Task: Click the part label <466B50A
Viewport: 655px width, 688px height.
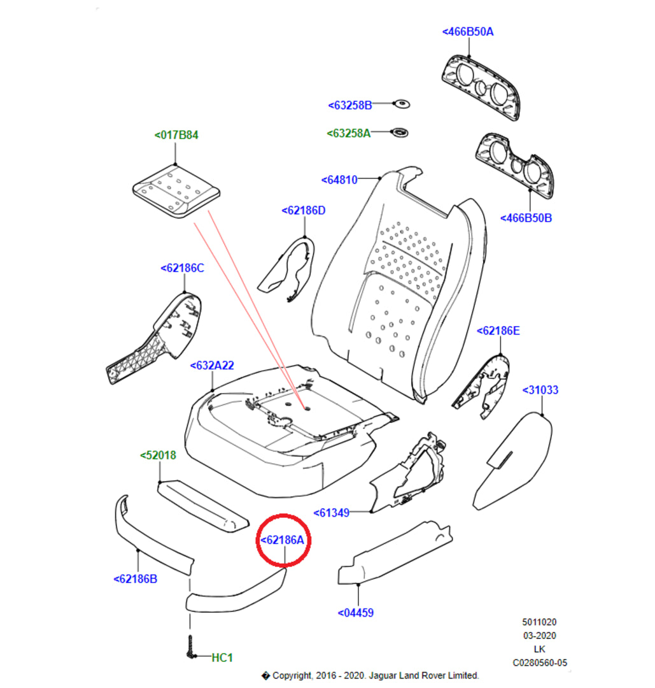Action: [468, 32]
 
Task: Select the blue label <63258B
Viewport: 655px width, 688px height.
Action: [350, 105]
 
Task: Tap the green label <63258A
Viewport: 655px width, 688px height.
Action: [349, 133]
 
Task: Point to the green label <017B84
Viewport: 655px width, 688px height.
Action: [176, 135]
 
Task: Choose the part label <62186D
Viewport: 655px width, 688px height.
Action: [304, 210]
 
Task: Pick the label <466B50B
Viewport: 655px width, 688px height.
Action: [526, 218]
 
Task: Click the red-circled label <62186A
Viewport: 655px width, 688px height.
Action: [286, 540]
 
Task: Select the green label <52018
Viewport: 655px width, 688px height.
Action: [158, 455]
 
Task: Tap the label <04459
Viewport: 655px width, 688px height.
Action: [356, 613]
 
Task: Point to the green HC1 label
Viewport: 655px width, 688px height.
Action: [222, 657]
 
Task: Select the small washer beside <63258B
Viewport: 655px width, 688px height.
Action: [400, 104]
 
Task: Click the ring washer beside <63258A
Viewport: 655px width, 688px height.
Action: [400, 133]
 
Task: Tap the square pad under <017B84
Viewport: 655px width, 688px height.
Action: [176, 190]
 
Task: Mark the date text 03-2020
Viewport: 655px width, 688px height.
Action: [539, 636]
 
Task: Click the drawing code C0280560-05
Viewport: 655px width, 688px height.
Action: [540, 663]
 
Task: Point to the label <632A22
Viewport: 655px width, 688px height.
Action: [213, 366]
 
